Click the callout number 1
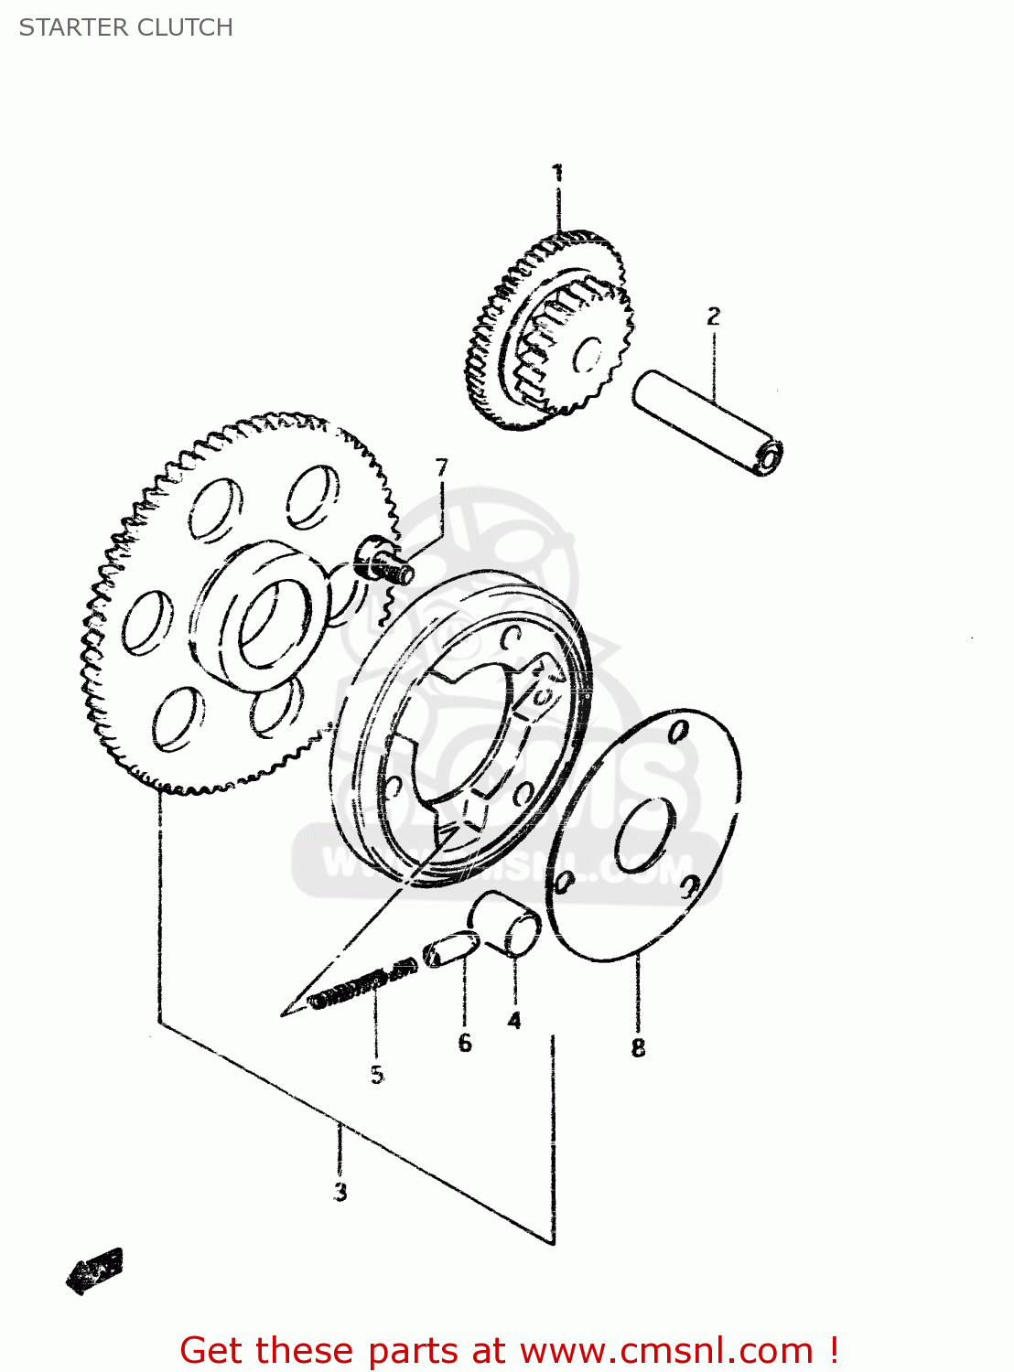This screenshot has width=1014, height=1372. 557,174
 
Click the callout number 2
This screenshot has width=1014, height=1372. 714,316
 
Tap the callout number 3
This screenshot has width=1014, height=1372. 340,1192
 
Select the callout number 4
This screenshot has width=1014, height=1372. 514,1020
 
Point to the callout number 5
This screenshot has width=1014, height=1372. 377,1075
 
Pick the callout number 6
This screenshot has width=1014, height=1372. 465,1043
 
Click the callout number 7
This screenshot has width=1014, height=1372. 442,468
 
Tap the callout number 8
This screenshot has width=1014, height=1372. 638,1047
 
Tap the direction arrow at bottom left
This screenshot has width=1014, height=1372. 94,1270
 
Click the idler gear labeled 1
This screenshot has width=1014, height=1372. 549,334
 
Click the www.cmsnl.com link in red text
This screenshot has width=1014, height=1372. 666,1350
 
